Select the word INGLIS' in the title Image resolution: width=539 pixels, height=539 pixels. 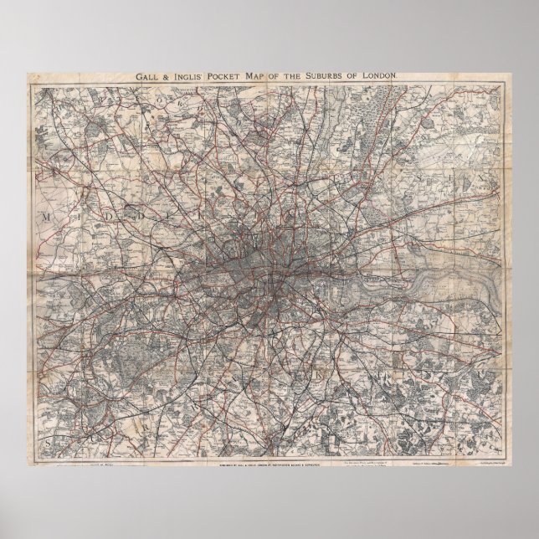tap(189, 76)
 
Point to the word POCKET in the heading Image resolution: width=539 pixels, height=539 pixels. tap(230, 76)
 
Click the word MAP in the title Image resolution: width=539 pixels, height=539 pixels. tap(265, 76)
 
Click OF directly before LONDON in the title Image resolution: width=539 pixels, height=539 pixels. tap(367, 76)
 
